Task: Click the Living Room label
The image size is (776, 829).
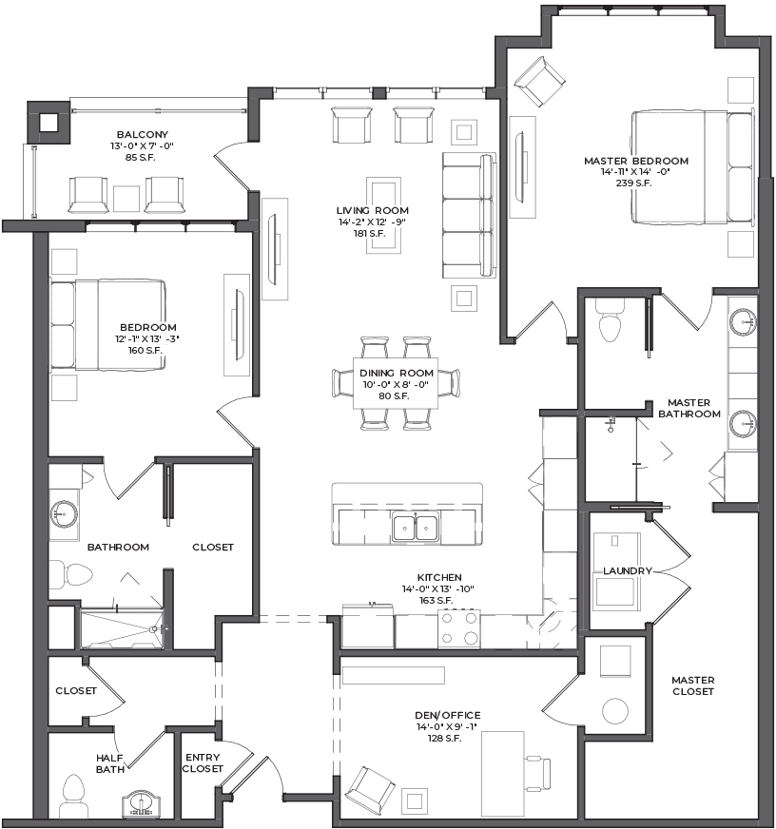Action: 373,210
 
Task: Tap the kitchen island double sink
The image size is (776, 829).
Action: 416,528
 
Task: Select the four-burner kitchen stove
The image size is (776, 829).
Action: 459,628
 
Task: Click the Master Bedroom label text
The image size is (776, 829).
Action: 636,161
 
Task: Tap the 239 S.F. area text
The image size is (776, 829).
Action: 633,183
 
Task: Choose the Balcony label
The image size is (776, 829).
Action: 143,135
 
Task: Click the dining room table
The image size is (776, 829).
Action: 396,383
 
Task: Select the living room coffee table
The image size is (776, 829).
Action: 383,216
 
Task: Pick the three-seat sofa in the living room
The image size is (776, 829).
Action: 469,215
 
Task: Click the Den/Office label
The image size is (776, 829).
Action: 448,715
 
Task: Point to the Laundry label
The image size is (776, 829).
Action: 628,571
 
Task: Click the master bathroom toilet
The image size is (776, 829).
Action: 610,323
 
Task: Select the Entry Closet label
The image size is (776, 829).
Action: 203,762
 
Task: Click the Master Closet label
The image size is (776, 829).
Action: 693,685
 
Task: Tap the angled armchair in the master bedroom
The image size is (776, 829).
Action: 539,82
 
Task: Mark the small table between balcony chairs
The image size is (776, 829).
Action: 126,199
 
